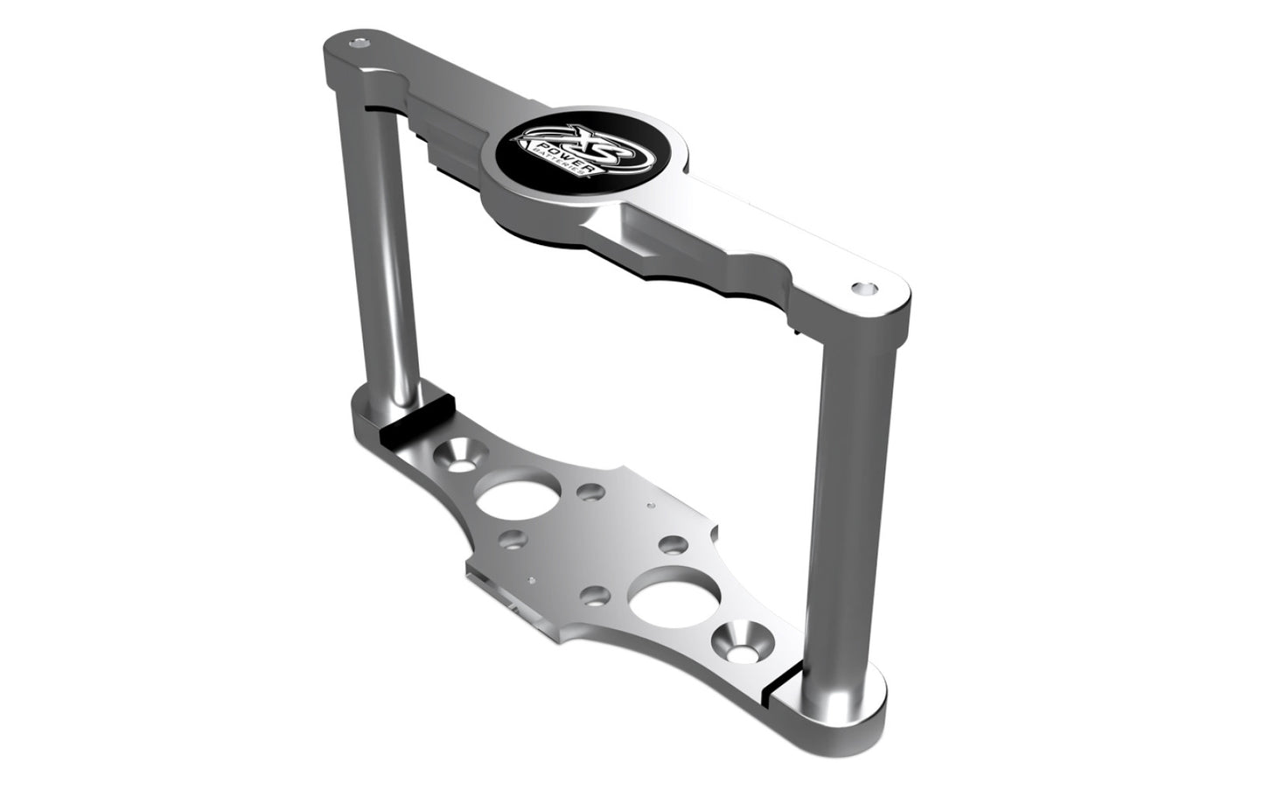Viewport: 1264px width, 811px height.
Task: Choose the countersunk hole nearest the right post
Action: tap(736, 643)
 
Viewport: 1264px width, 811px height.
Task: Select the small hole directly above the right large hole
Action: tap(672, 545)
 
